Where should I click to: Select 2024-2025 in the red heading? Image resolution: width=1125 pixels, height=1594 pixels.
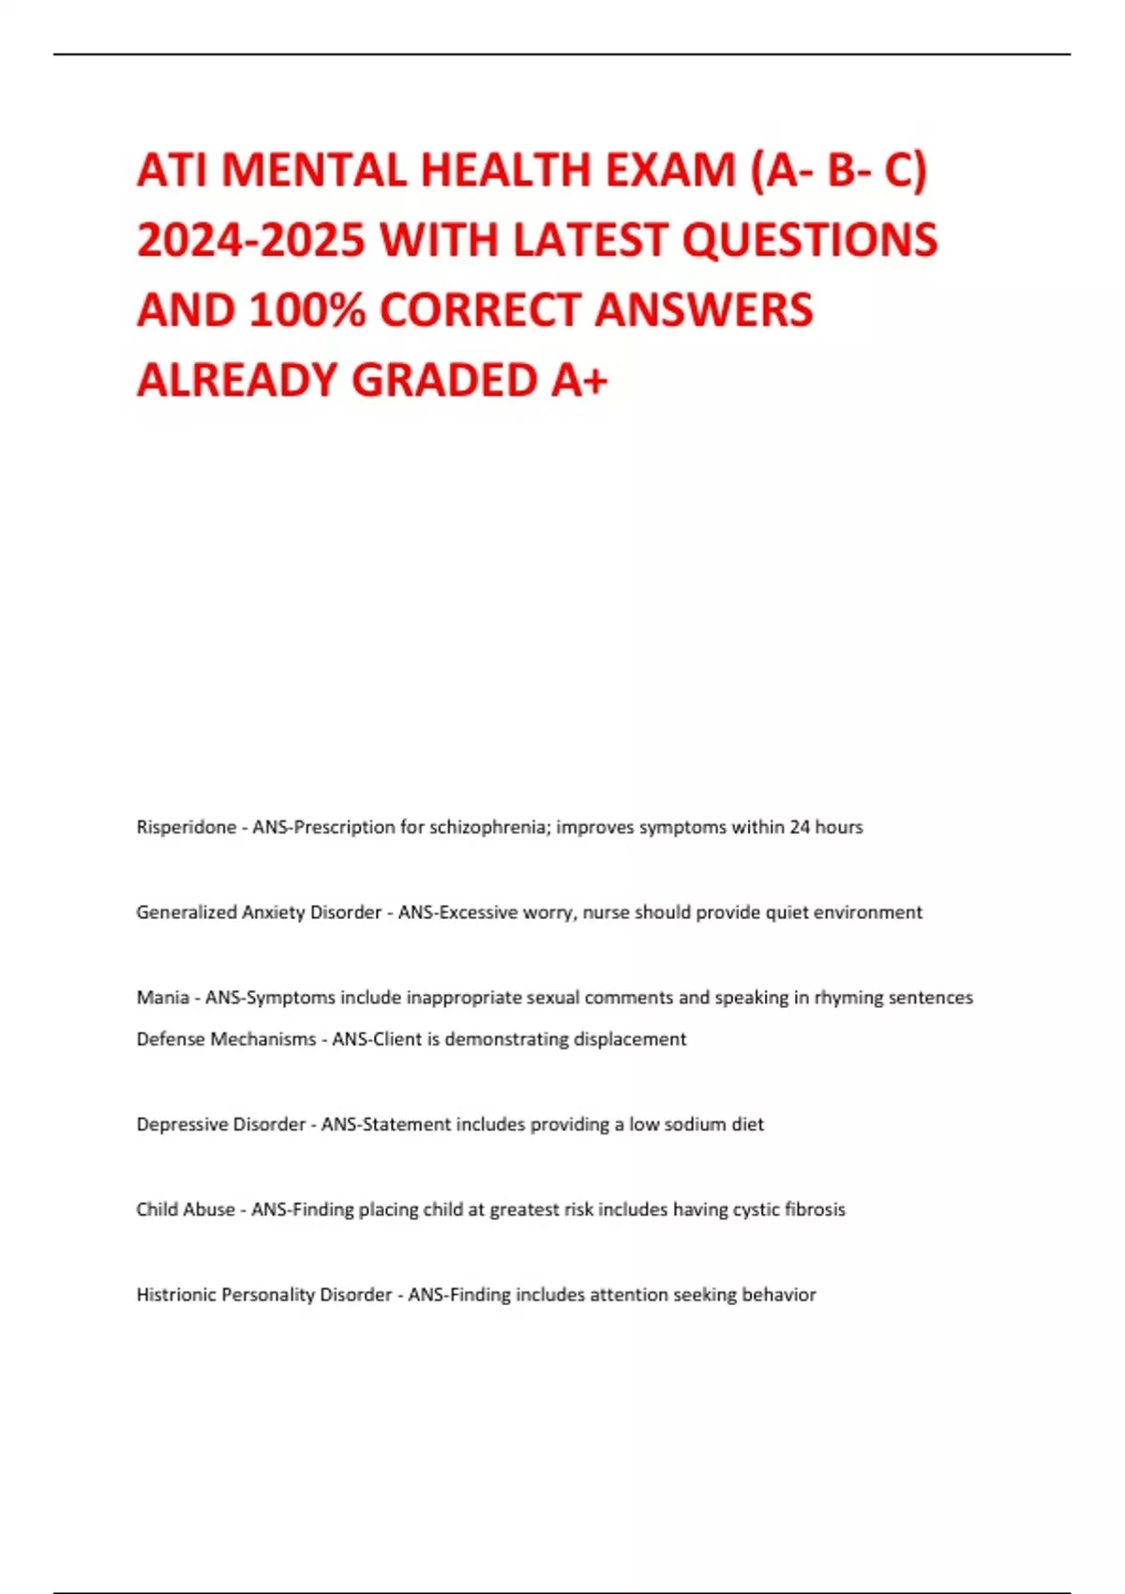coord(250,240)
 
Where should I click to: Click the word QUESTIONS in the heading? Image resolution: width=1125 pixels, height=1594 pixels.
coord(809,240)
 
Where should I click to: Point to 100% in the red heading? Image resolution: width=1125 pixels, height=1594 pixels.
coord(307,310)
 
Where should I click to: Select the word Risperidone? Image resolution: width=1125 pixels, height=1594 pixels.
coord(186,827)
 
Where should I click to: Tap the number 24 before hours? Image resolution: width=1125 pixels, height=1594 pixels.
coord(800,827)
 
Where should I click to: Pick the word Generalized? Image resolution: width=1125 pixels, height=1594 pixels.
coord(187,912)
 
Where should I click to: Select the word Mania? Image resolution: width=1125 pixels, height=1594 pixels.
coord(162,998)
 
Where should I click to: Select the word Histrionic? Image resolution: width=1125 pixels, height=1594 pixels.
coord(176,1295)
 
